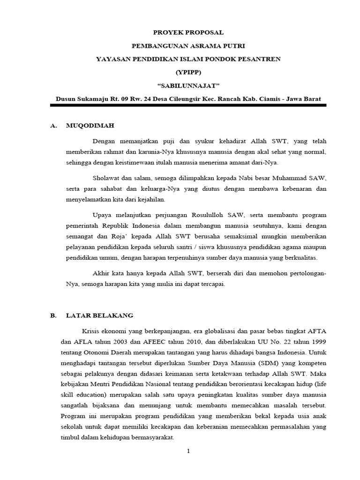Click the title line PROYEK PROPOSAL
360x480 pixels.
tap(188, 32)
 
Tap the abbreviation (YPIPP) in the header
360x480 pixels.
tap(188, 73)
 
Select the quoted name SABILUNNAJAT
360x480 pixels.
tap(188, 86)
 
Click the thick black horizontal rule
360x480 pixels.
tap(188, 105)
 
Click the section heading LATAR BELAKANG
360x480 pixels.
tap(99, 315)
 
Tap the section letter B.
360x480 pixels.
tap(53, 315)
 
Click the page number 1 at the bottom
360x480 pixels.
tap(188, 451)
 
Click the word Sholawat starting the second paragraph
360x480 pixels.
tap(107, 178)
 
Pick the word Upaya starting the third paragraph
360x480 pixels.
tap(103, 215)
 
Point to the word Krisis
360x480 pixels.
tap(92, 329)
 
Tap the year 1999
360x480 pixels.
tap(317, 340)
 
